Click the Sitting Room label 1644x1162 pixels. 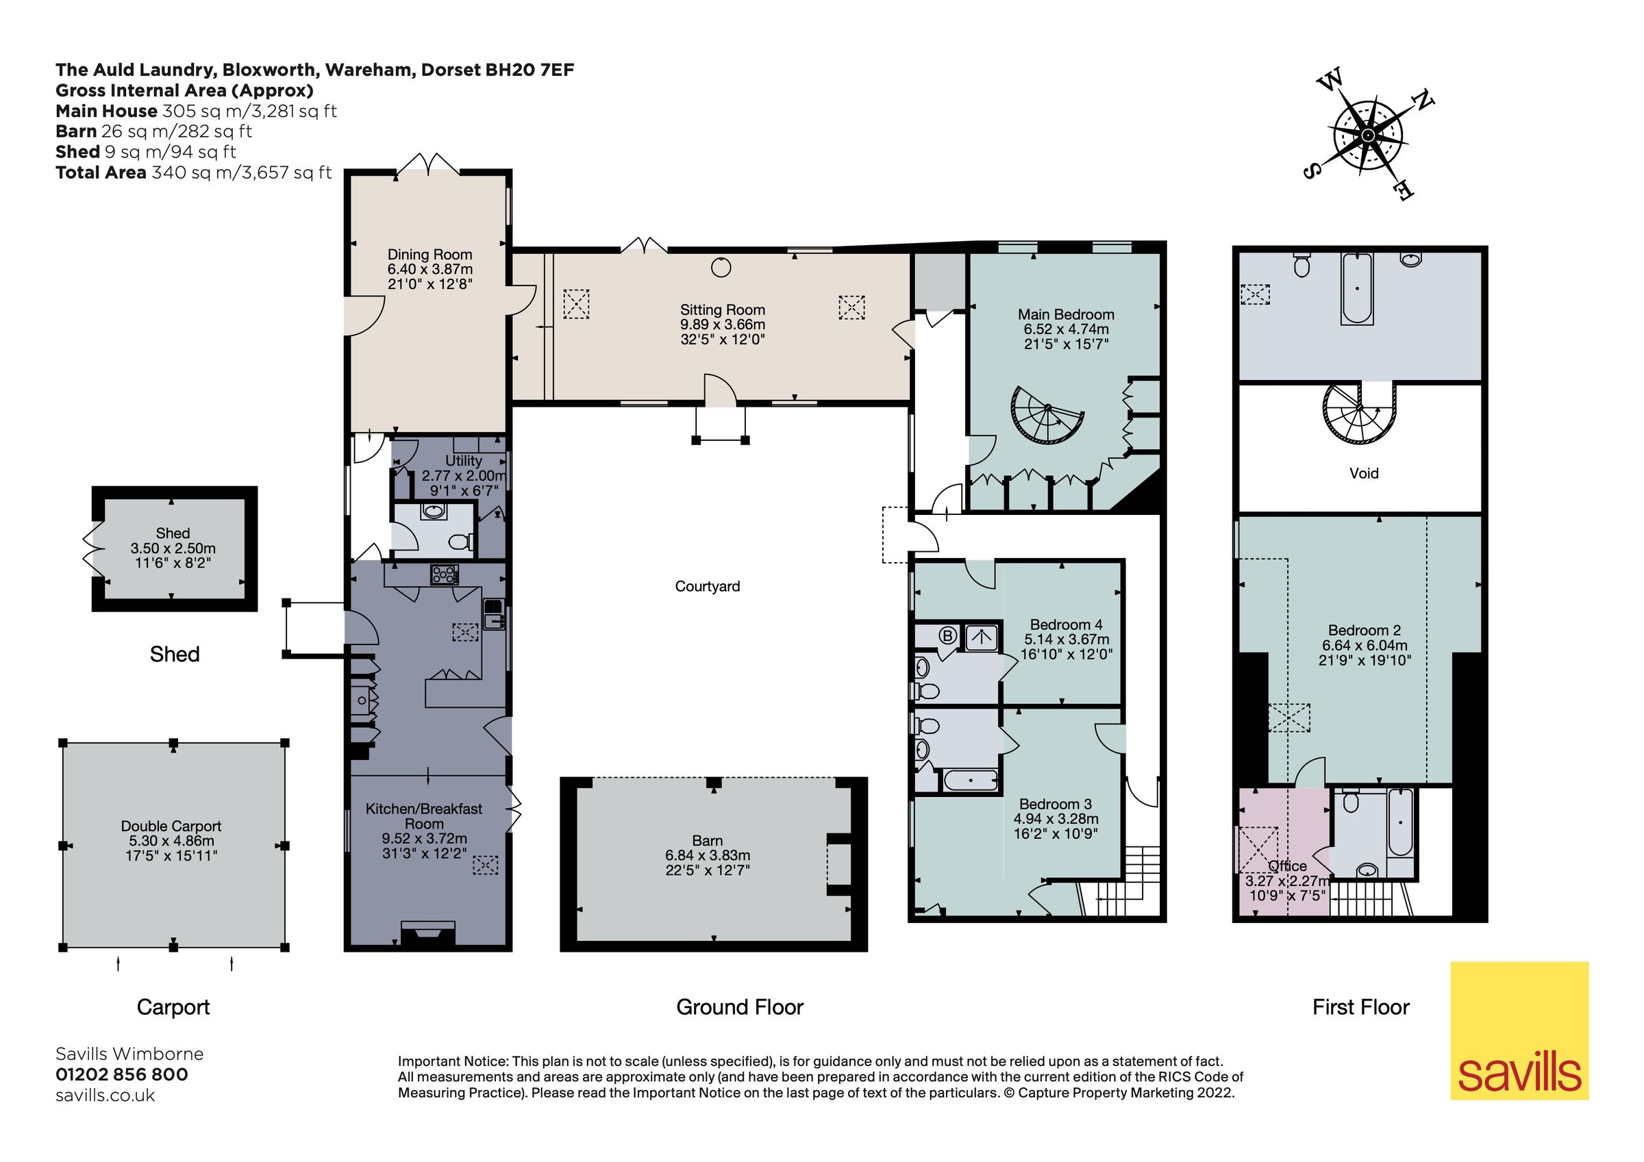[x=722, y=310]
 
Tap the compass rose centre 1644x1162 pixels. [x=1368, y=136]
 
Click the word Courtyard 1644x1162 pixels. [x=707, y=586]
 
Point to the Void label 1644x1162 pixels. [x=1363, y=473]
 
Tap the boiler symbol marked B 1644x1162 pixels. [x=947, y=635]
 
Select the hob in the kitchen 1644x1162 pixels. [x=444, y=575]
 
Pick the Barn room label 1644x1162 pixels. [x=707, y=841]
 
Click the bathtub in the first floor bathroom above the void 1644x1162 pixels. [x=1356, y=288]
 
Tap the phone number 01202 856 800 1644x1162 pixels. [x=122, y=1074]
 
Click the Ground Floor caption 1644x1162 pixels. [x=740, y=1007]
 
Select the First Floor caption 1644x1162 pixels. [x=1360, y=1007]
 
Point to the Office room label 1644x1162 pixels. [x=1286, y=866]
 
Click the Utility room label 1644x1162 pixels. [x=463, y=460]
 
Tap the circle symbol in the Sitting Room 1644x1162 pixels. [x=721, y=268]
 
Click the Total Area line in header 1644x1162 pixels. [x=193, y=173]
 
